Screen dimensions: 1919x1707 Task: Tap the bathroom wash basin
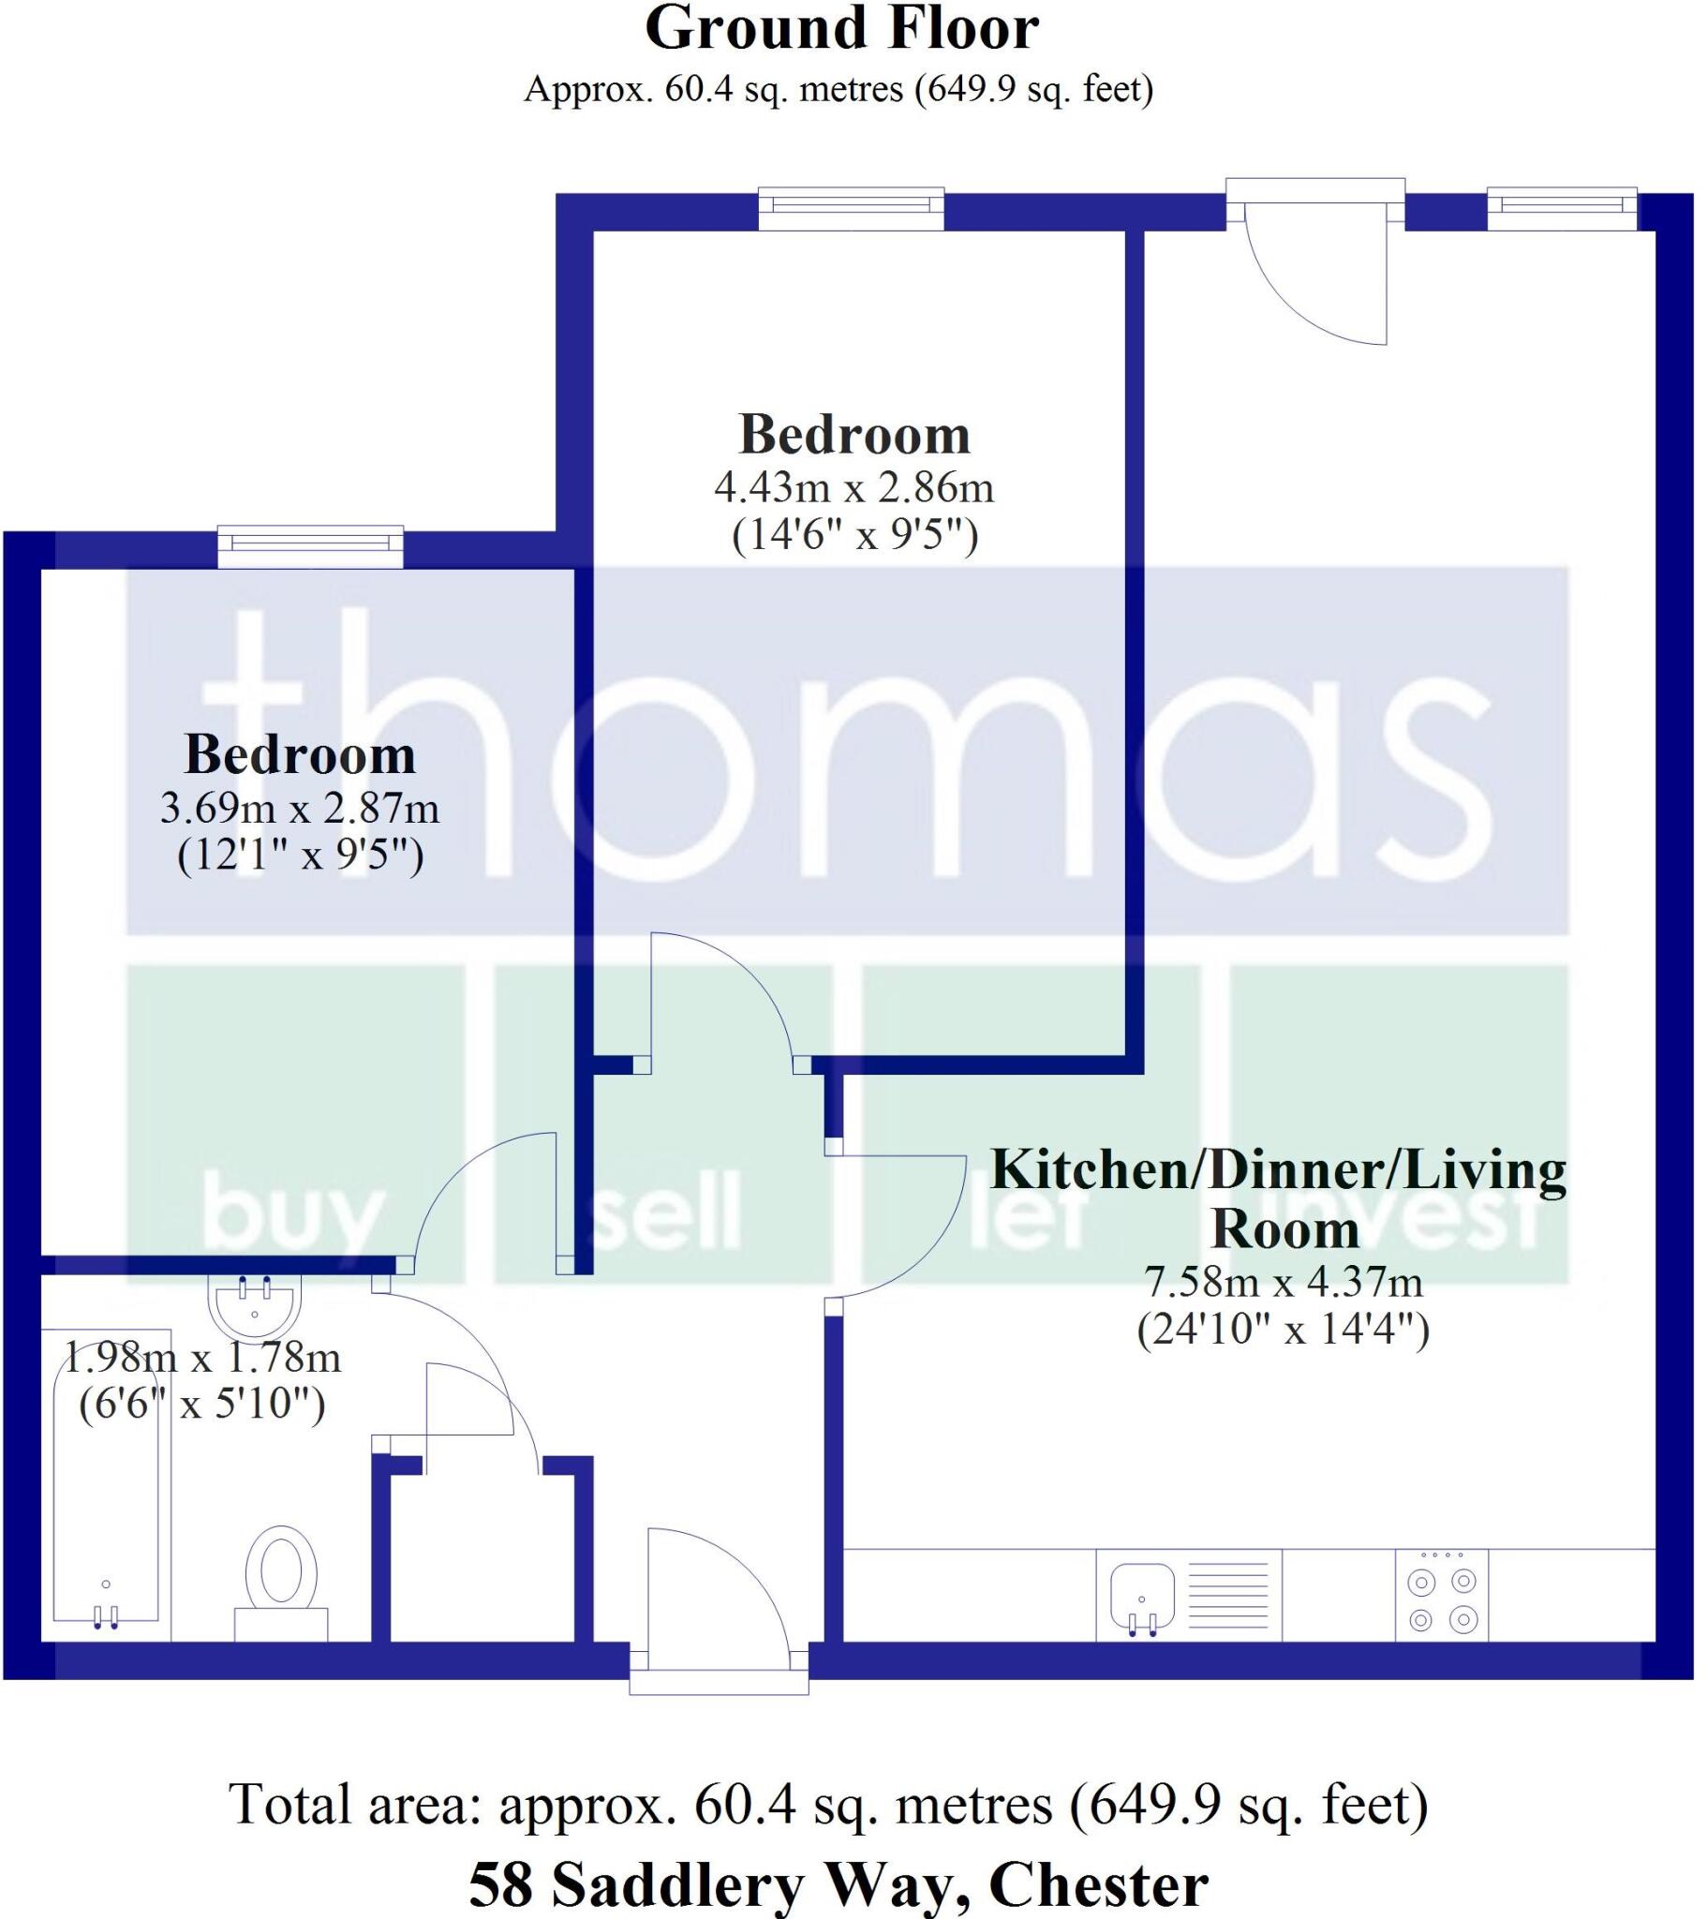pyautogui.click(x=255, y=1308)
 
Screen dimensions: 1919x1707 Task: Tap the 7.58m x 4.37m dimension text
pyautogui.click(x=1283, y=1283)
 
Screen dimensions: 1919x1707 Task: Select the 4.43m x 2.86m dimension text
pyautogui.click(x=853, y=487)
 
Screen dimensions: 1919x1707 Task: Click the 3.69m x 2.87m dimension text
pyautogui.click(x=300, y=808)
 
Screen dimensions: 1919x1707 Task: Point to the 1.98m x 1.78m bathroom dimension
pyautogui.click(x=201, y=1358)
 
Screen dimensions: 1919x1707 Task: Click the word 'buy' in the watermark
pyautogui.click(x=292, y=1216)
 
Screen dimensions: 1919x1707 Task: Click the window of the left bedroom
pyautogui.click(x=311, y=547)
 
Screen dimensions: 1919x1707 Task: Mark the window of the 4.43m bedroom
pyautogui.click(x=851, y=208)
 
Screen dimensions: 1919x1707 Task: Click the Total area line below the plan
pyautogui.click(x=829, y=1804)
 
